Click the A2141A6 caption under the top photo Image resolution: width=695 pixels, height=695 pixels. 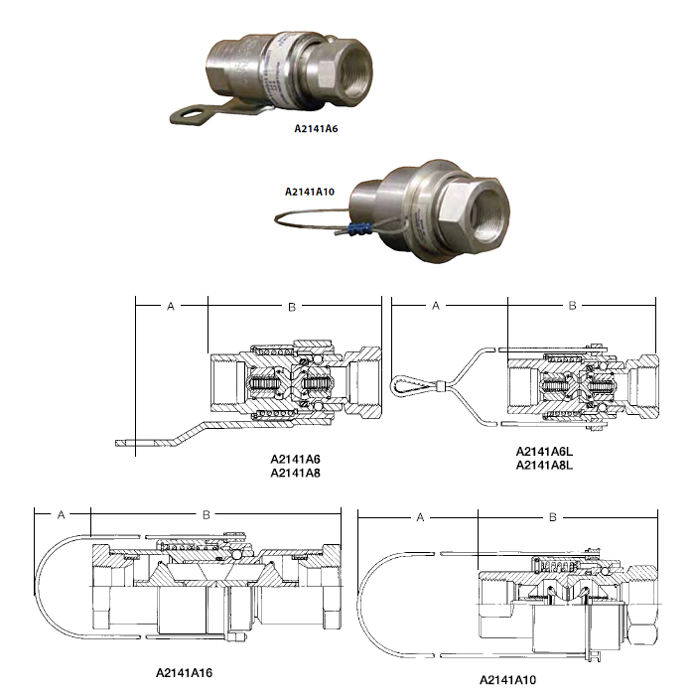pos(316,128)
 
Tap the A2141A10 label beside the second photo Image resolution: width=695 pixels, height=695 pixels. pos(310,192)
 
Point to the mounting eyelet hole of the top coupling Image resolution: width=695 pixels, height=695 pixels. pos(192,113)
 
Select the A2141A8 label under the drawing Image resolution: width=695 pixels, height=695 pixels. pos(295,473)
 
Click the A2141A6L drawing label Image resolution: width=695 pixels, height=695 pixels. pos(544,452)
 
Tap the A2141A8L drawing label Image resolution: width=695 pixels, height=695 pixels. pos(544,466)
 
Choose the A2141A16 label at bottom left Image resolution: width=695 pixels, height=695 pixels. pos(184,673)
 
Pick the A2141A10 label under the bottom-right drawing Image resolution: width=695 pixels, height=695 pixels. pos(507,679)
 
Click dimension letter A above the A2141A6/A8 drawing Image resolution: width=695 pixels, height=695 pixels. pos(171,306)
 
